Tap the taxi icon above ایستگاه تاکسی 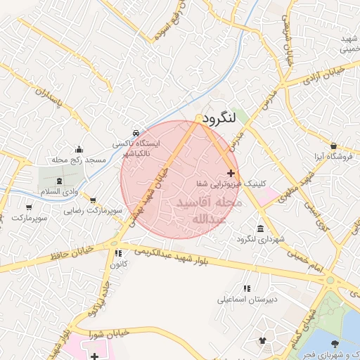tap(135, 133)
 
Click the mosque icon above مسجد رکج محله tap(79, 150)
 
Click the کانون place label tap(118, 265)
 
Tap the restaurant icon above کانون tap(118, 253)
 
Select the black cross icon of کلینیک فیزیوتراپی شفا tap(231, 173)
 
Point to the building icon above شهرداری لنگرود tap(261, 229)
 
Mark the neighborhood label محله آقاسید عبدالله tap(209, 211)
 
